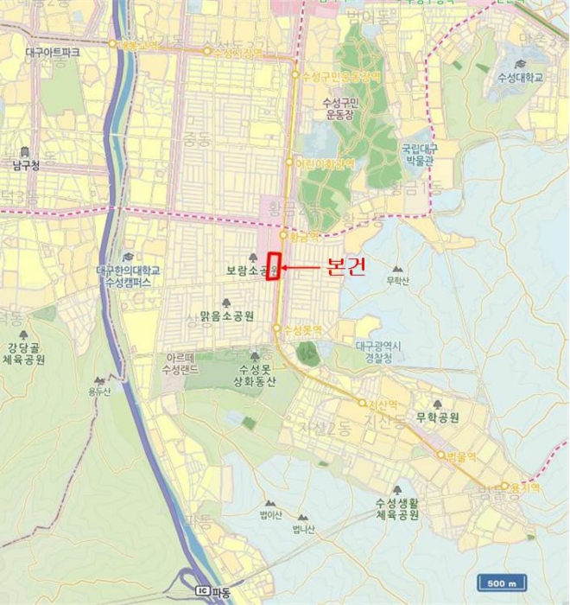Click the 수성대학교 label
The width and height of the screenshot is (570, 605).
coord(520,78)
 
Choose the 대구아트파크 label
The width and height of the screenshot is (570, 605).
coord(53,54)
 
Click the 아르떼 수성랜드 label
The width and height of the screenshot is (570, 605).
coord(183,364)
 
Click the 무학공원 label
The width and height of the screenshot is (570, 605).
coord(437,417)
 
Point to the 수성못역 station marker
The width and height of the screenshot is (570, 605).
coord(277,328)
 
